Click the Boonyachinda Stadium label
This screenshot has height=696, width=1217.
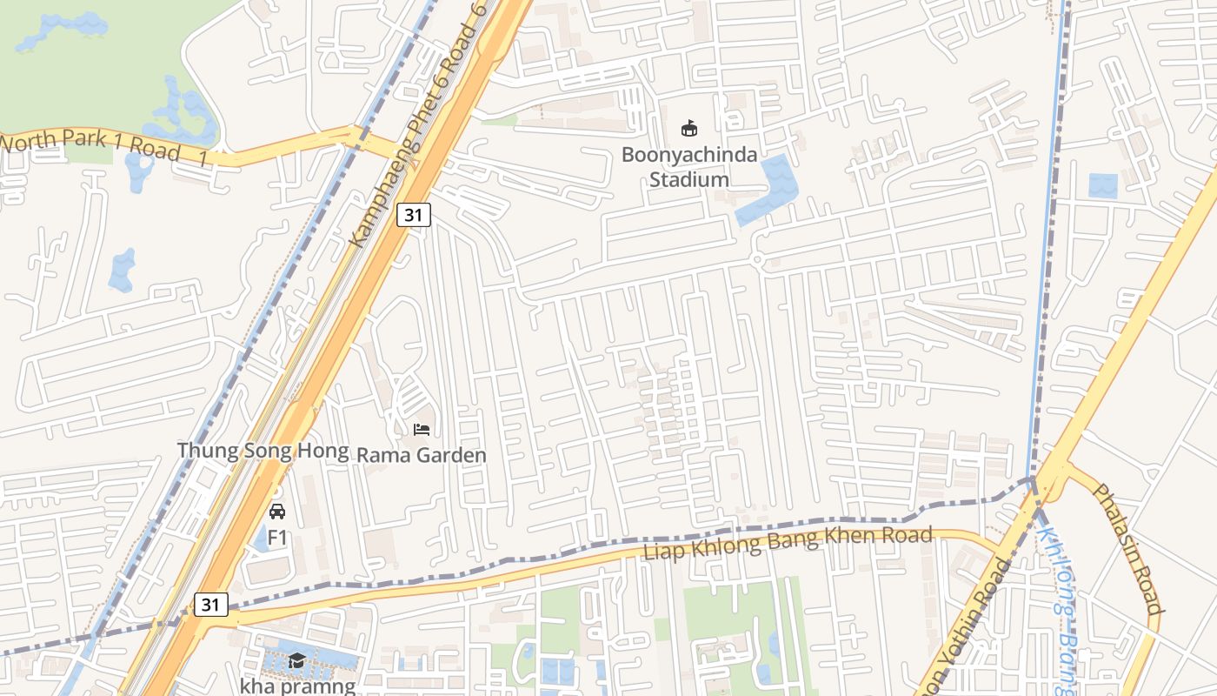tap(688, 167)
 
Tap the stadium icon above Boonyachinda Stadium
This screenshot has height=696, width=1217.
tap(688, 129)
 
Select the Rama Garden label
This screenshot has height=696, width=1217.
tap(422, 455)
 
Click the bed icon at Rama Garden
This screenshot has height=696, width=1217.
tap(422, 430)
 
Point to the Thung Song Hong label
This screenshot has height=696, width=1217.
tap(263, 451)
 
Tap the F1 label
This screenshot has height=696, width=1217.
tap(277, 538)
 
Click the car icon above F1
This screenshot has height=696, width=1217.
tap(277, 512)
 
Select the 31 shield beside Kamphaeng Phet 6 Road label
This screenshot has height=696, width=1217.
tap(414, 214)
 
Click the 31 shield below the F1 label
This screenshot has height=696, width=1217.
tap(211, 605)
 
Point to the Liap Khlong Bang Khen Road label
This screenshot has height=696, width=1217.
tap(788, 543)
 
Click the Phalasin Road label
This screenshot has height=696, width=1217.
tap(1127, 548)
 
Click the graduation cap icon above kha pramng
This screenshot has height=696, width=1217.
tap(296, 660)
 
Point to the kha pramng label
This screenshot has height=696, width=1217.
tap(297, 686)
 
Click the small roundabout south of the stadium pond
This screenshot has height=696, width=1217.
tap(756, 258)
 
